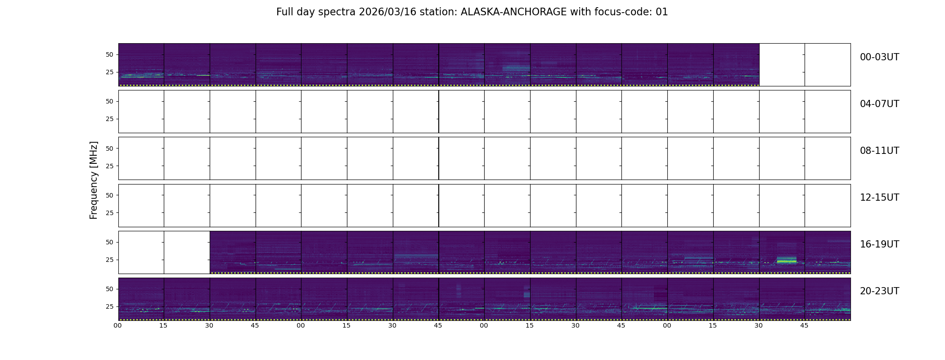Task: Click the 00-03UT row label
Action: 879,57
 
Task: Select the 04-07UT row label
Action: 879,104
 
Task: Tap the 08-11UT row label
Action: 879,151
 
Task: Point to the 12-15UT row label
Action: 879,198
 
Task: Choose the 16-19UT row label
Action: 879,244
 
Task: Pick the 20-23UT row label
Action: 879,291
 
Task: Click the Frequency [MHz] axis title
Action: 94,180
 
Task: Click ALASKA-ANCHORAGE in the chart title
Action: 513,12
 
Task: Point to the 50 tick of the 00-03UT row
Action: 109,54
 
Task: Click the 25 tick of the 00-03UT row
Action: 109,72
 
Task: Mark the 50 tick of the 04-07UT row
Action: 109,101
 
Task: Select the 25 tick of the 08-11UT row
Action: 109,166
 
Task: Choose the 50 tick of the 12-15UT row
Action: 109,195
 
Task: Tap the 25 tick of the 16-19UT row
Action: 109,260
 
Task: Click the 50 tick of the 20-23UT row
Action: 109,289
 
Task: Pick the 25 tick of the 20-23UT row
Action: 109,306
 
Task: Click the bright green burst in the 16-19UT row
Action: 787,261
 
